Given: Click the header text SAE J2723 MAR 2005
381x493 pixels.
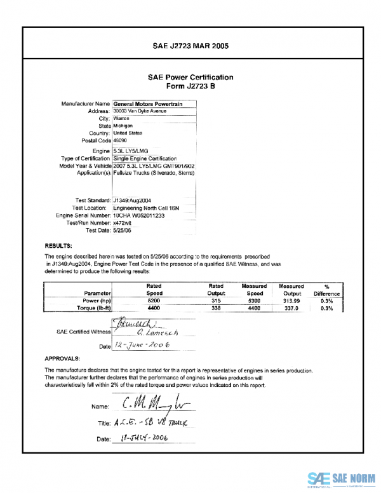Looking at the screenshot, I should click(x=190, y=46).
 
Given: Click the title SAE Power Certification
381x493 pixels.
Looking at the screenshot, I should click(x=190, y=78).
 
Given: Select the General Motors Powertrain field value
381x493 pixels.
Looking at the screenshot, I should click(x=149, y=103).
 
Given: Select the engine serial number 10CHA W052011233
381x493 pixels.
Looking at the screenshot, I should click(x=142, y=215).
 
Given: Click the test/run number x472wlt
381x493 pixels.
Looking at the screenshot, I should click(x=124, y=223).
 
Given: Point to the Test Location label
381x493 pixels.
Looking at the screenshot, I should click(x=91, y=208).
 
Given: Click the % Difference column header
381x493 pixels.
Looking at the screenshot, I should click(x=326, y=290).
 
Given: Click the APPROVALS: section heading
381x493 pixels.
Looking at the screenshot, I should click(x=62, y=358).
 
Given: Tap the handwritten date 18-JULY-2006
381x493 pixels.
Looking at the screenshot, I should click(x=140, y=438).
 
